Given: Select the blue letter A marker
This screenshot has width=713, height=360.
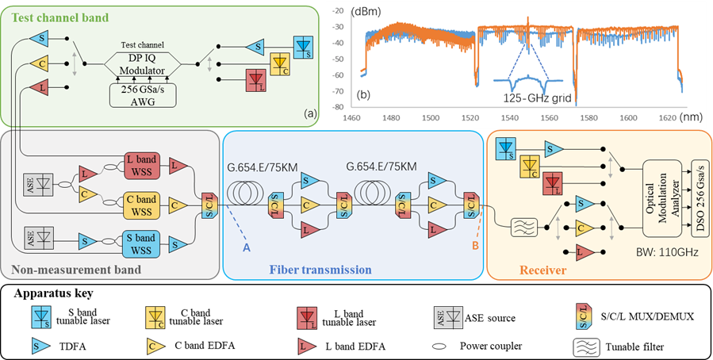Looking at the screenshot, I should click(247, 248).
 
